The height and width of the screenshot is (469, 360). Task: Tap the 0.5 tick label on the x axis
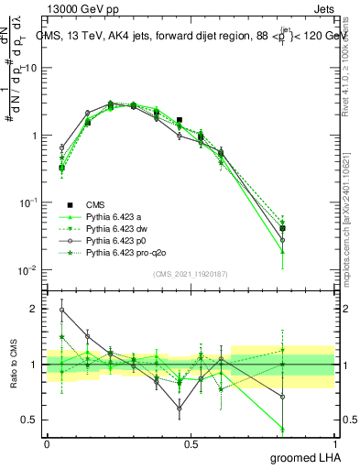pos(191,442)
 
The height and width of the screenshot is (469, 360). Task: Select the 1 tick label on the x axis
pos(334,442)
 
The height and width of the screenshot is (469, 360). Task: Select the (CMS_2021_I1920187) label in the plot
pos(191,273)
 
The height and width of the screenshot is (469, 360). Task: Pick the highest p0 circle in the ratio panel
pos(61,310)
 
